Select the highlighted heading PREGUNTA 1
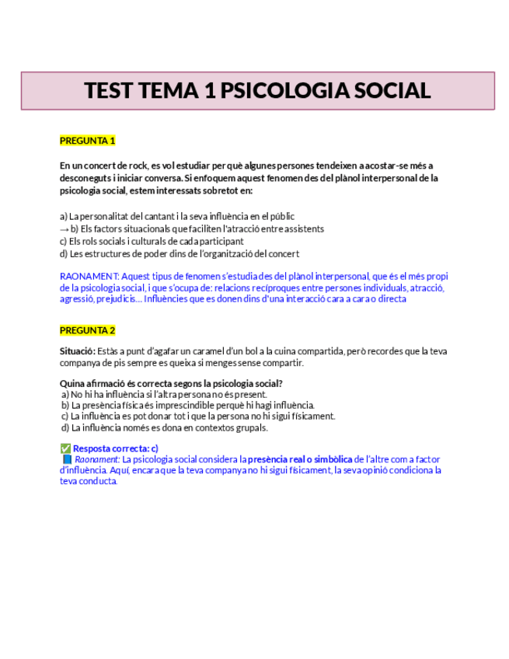coord(88,141)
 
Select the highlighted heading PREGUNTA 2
coord(88,330)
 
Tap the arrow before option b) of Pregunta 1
coord(64,229)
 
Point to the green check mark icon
coord(65,448)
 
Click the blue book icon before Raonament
coord(67,459)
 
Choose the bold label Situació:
coord(78,351)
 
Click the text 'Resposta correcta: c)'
coord(116,448)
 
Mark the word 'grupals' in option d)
coord(249,427)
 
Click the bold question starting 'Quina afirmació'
coord(171,383)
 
